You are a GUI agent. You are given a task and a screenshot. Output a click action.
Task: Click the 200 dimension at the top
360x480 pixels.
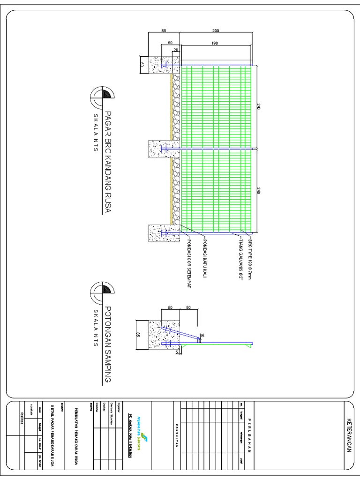(215, 30)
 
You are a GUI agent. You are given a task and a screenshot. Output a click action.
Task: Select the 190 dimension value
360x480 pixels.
(215, 43)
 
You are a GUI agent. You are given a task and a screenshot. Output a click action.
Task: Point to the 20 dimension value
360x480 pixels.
(176, 50)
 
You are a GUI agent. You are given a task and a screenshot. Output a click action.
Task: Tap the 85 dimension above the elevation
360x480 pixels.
(164, 30)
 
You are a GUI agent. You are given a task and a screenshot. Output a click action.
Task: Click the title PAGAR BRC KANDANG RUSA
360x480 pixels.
(108, 162)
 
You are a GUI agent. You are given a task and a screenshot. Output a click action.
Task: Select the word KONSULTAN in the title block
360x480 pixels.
(176, 436)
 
